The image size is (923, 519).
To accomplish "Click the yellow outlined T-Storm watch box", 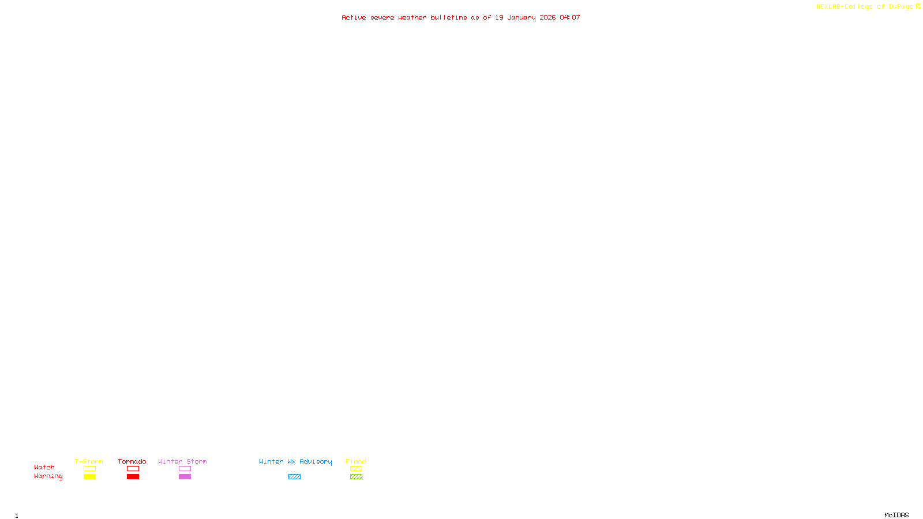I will [x=89, y=469].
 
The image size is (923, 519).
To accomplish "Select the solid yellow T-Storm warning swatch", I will [x=89, y=477].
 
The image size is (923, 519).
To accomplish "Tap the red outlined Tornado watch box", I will [x=133, y=469].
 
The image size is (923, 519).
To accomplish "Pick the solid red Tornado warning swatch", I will [x=133, y=477].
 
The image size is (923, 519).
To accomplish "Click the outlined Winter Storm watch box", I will [x=185, y=469].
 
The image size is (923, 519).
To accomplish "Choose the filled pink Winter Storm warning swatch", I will [x=185, y=477].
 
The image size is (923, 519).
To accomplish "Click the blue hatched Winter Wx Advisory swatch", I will [x=294, y=477].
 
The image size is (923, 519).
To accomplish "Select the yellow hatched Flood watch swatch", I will [x=356, y=469].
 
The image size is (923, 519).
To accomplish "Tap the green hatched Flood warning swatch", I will [x=356, y=477].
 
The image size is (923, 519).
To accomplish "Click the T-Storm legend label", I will [x=89, y=461].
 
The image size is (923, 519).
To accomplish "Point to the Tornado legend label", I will [x=132, y=461].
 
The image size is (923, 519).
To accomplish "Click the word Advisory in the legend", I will [x=316, y=461].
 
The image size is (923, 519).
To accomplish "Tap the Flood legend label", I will [x=356, y=461].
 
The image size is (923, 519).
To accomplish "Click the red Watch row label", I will [x=44, y=468].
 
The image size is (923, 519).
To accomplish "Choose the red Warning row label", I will [x=48, y=476].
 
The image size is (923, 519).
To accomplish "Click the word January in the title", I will [x=521, y=18].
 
